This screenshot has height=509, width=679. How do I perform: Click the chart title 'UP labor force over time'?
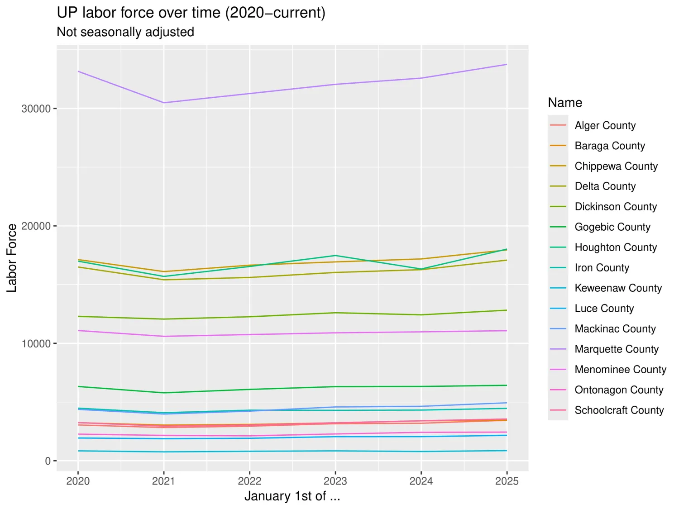click(191, 13)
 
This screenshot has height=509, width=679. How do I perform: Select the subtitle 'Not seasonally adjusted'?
click(125, 32)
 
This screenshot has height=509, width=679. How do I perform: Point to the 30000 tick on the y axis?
click(36, 109)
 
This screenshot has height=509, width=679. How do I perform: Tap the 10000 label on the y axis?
click(36, 343)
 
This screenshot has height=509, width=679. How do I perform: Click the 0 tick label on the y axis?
click(48, 461)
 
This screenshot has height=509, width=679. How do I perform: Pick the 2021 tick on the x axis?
click(163, 481)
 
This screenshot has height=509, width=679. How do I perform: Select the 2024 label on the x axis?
click(421, 481)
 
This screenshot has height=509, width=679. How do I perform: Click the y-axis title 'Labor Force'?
click(11, 258)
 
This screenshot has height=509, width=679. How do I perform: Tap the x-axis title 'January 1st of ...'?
click(292, 496)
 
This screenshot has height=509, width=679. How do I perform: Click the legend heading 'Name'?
click(565, 103)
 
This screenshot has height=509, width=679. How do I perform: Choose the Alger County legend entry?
click(605, 125)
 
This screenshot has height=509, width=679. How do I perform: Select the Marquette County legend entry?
click(616, 349)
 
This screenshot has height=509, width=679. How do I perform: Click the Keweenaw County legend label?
click(618, 288)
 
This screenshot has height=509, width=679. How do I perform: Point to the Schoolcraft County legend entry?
click(619, 410)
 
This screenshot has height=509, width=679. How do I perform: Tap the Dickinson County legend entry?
click(616, 207)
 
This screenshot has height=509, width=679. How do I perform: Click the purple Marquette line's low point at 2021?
click(164, 103)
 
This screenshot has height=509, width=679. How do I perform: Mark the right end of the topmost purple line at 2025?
click(507, 65)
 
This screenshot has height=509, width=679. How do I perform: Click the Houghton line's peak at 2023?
click(335, 256)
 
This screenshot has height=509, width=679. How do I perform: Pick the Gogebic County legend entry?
click(612, 227)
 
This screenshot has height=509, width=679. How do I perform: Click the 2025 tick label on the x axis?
click(507, 481)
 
